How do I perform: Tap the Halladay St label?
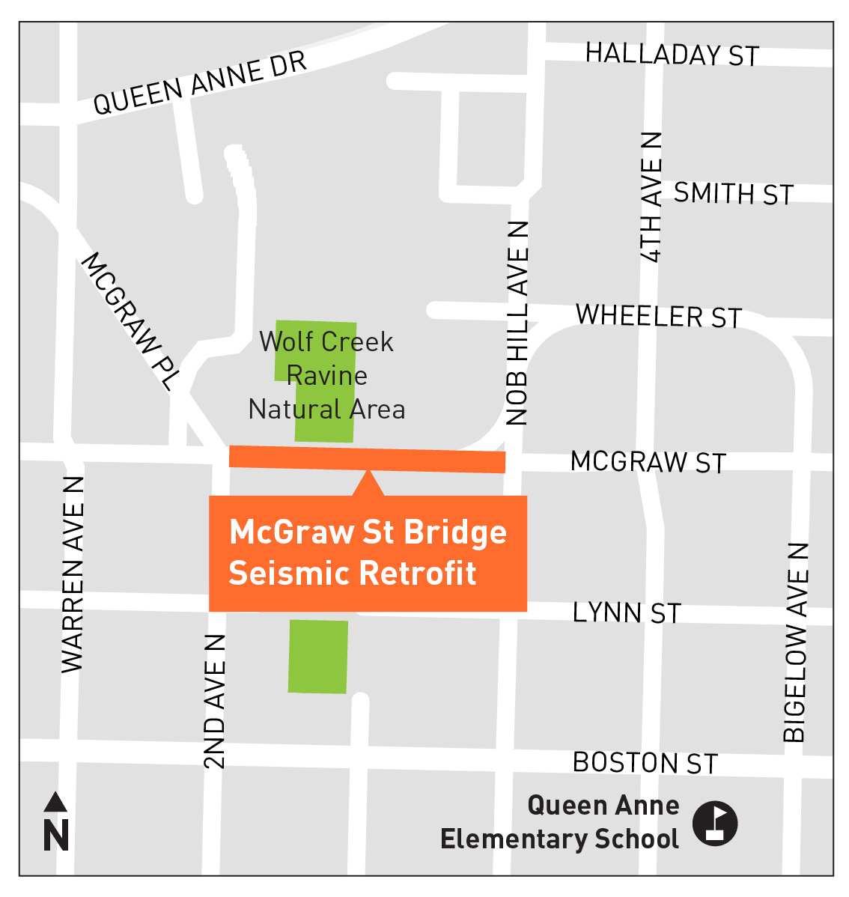coord(672,54)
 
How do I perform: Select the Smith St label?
coord(733,194)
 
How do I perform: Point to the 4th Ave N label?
coord(651,198)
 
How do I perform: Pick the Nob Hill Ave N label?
coord(517,323)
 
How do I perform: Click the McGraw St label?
coord(648,462)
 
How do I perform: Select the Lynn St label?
coord(627,612)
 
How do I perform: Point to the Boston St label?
coord(645,763)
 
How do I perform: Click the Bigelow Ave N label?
coord(796,642)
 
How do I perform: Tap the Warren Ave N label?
coord(72,574)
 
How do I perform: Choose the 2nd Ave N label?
coord(214,702)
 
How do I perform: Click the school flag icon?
coord(714,824)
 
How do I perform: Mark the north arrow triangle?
coord(55,803)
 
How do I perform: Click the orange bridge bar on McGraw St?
coord(367,458)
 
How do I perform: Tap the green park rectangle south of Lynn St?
coord(318,656)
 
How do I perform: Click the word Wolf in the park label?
coord(284,341)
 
